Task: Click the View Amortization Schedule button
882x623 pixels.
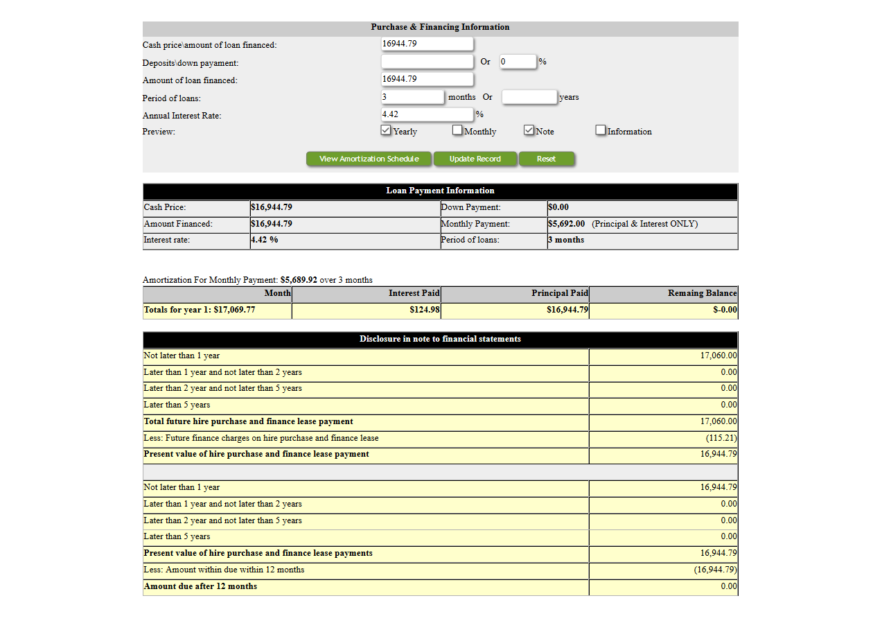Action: [369, 159]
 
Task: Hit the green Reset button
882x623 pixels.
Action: [546, 159]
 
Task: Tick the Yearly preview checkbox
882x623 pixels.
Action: [386, 130]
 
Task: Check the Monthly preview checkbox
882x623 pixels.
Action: [457, 130]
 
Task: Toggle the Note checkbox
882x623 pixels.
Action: [529, 130]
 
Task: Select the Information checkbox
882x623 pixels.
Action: [601, 130]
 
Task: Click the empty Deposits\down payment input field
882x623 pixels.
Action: [427, 62]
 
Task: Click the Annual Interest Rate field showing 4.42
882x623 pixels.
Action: [427, 114]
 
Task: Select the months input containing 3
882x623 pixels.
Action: [412, 97]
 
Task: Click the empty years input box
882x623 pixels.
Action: [529, 97]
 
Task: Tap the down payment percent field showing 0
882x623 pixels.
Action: [517, 62]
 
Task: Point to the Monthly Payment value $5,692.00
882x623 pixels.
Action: [567, 224]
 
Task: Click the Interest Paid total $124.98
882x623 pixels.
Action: [424, 310]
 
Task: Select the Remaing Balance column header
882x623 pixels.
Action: [702, 293]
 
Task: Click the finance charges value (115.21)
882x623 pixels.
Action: [721, 438]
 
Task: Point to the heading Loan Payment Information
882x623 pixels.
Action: [440, 191]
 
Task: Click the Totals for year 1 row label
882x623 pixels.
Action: [200, 310]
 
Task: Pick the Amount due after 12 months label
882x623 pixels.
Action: [200, 586]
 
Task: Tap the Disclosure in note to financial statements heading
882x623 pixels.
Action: [440, 339]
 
